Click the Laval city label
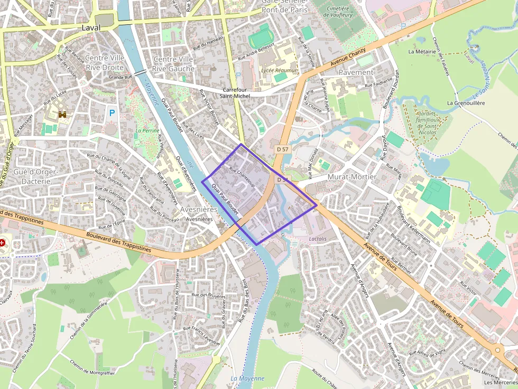point(91,27)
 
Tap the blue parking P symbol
point(112,112)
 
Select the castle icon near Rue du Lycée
point(63,114)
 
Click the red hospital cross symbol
point(3,243)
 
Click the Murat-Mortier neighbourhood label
point(352,177)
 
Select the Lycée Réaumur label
point(279,70)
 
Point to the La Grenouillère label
point(466,103)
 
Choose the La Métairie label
point(422,52)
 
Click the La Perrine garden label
point(147,130)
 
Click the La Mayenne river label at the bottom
point(247,378)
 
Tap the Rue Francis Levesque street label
point(201,335)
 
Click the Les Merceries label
point(499,382)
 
